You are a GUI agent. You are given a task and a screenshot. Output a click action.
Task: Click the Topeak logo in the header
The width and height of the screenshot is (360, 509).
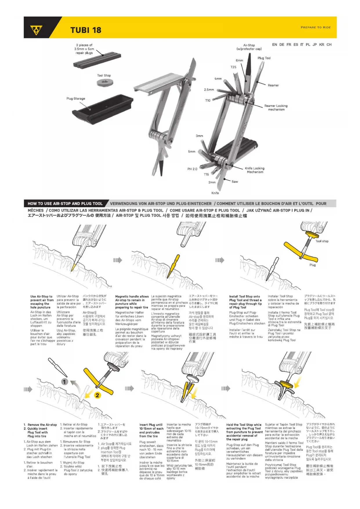pyautogui.click(x=36, y=30)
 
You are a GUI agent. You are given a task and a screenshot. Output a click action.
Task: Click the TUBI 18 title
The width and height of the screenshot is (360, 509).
pyautogui.click(x=86, y=30)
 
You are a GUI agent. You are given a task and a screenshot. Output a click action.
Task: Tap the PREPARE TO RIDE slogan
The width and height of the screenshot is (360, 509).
pyautogui.click(x=316, y=27)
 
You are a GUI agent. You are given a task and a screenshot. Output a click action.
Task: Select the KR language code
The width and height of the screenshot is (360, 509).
pyautogui.click(x=321, y=45)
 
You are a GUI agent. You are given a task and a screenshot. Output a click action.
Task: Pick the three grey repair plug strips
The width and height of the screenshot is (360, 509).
pyautogui.click(x=97, y=59)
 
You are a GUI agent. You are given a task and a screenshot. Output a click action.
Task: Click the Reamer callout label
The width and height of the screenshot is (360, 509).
pyautogui.click(x=273, y=85)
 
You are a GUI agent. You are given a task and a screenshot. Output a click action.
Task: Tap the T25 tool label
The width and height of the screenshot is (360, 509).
pyautogui.click(x=234, y=67)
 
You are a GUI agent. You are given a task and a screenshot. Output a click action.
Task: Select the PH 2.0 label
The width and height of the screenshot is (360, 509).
pyautogui.click(x=192, y=169)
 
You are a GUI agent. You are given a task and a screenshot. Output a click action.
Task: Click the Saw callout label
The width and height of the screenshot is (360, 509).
pyautogui.click(x=235, y=182)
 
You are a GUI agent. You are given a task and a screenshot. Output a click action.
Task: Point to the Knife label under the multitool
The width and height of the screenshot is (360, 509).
pyautogui.click(x=215, y=193)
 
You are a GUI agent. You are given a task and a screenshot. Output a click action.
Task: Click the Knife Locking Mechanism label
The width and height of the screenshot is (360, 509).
pyautogui.click(x=255, y=170)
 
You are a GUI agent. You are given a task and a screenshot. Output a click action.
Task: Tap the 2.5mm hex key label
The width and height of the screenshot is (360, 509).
pyautogui.click(x=209, y=90)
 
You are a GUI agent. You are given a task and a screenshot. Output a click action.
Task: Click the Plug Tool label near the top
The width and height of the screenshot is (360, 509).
pyautogui.click(x=264, y=58)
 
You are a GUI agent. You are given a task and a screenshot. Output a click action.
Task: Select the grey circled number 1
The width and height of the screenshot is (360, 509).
pyautogui.click(x=64, y=382)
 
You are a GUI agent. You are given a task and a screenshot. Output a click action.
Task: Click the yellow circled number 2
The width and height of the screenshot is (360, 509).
pyautogui.click(x=97, y=395)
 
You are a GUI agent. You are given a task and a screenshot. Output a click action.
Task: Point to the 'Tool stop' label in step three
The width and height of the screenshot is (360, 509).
pyautogui.click(x=322, y=241)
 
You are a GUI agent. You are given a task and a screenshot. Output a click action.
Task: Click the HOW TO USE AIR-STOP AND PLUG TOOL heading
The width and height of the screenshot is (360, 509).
pyautogui.click(x=65, y=204)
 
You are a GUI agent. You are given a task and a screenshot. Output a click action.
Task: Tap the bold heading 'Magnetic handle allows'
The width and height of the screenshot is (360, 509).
pyautogui.click(x=132, y=297)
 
